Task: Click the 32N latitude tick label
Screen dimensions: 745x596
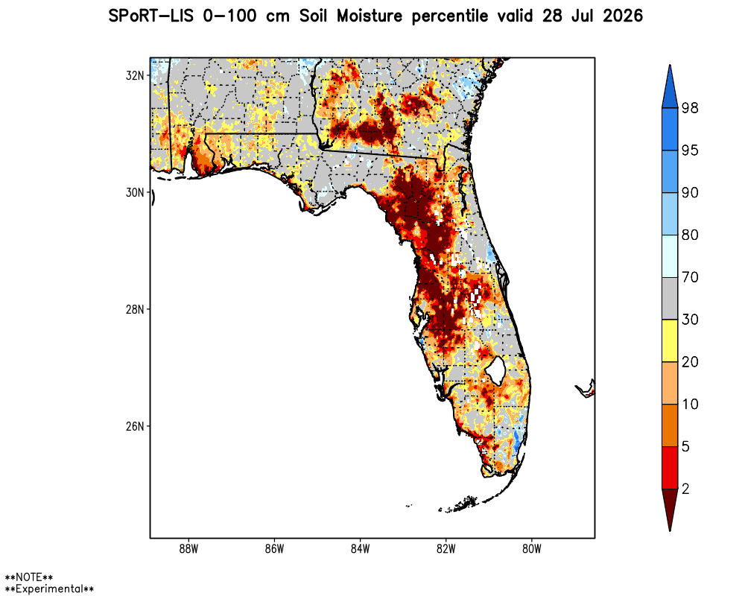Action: click(134, 75)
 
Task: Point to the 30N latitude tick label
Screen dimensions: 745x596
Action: click(134, 192)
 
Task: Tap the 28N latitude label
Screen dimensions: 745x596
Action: click(134, 309)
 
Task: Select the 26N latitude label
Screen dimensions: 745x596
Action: click(134, 426)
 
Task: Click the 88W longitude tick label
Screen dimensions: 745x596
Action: click(188, 549)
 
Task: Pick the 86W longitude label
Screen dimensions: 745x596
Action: click(274, 549)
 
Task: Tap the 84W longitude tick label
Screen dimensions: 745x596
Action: click(360, 549)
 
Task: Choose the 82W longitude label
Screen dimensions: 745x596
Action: click(446, 549)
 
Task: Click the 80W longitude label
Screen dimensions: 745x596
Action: click(532, 549)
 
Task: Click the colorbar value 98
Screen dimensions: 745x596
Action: click(690, 108)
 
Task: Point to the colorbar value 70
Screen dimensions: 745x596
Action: click(690, 277)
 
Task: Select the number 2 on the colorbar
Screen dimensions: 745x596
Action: click(685, 489)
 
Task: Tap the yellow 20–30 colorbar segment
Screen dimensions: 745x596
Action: click(670, 340)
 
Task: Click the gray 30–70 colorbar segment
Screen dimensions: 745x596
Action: click(670, 299)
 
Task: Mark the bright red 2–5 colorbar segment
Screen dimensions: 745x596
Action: click(670, 468)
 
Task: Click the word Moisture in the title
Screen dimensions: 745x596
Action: click(370, 16)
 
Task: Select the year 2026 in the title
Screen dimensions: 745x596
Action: click(623, 16)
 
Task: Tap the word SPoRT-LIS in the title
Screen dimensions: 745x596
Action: click(151, 16)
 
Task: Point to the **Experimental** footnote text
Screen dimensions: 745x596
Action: click(49, 589)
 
